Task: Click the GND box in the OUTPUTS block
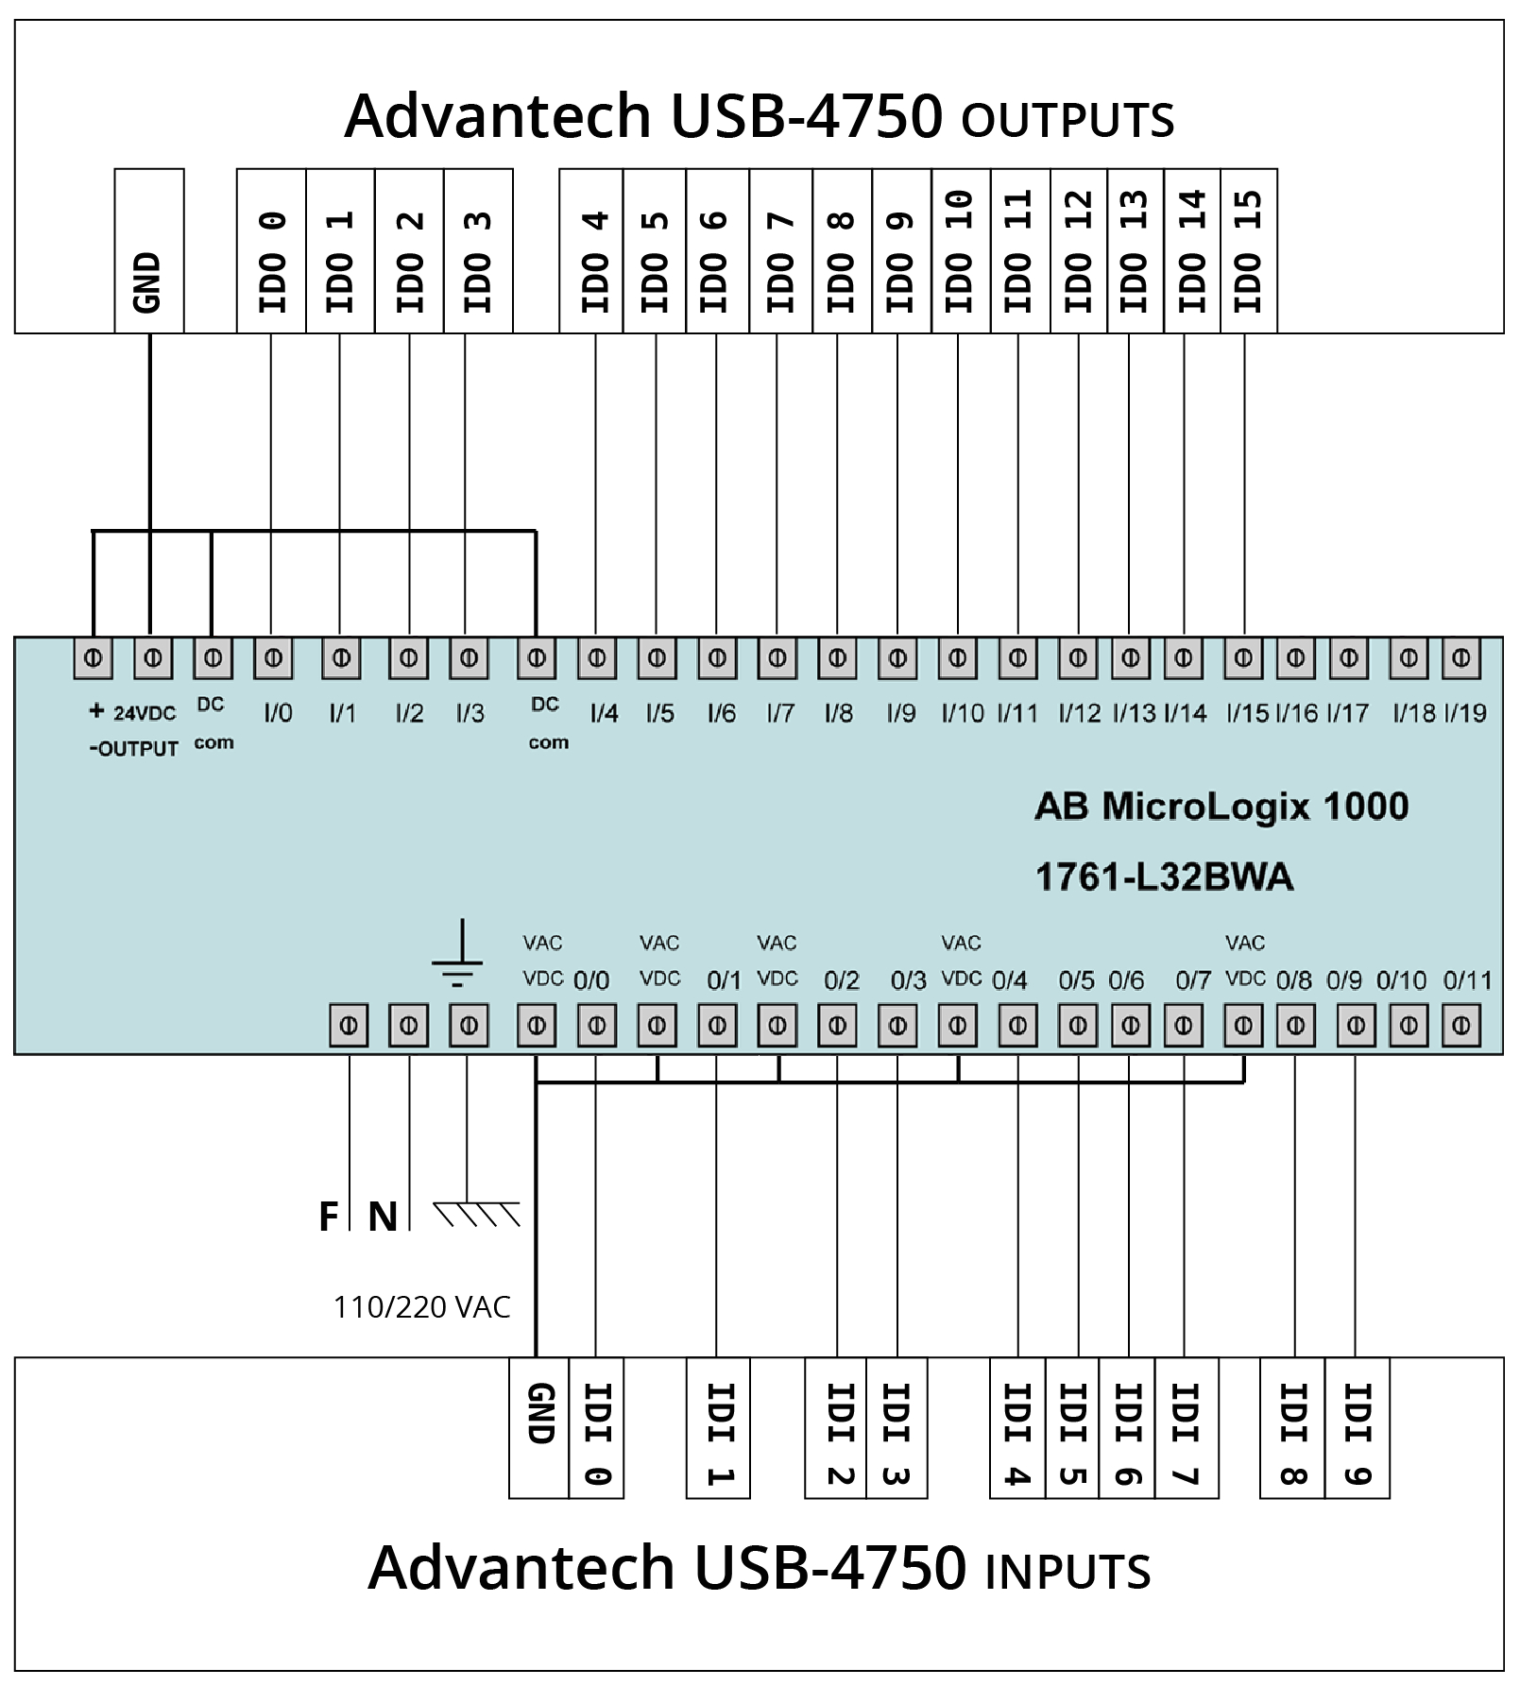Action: coord(149,251)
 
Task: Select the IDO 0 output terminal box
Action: coord(271,251)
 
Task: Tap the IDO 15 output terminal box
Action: coord(1249,251)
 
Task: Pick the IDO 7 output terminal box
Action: coord(780,251)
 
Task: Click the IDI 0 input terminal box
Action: coord(596,1428)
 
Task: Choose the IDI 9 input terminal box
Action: coord(1357,1428)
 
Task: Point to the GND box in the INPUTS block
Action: coord(539,1428)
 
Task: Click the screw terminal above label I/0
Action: coord(273,658)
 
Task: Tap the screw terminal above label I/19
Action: coord(1460,658)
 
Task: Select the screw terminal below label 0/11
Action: coord(1460,1025)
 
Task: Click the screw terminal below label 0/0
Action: coord(596,1025)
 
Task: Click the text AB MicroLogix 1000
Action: coord(1221,807)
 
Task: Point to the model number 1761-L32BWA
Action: coord(1164,877)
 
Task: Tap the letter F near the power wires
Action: coord(328,1217)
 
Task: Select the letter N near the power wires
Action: coord(383,1217)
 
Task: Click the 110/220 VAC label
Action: coord(421,1307)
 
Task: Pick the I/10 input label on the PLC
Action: coord(962,713)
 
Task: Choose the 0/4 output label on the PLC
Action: coord(1009,980)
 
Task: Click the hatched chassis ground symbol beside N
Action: coord(477,1214)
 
